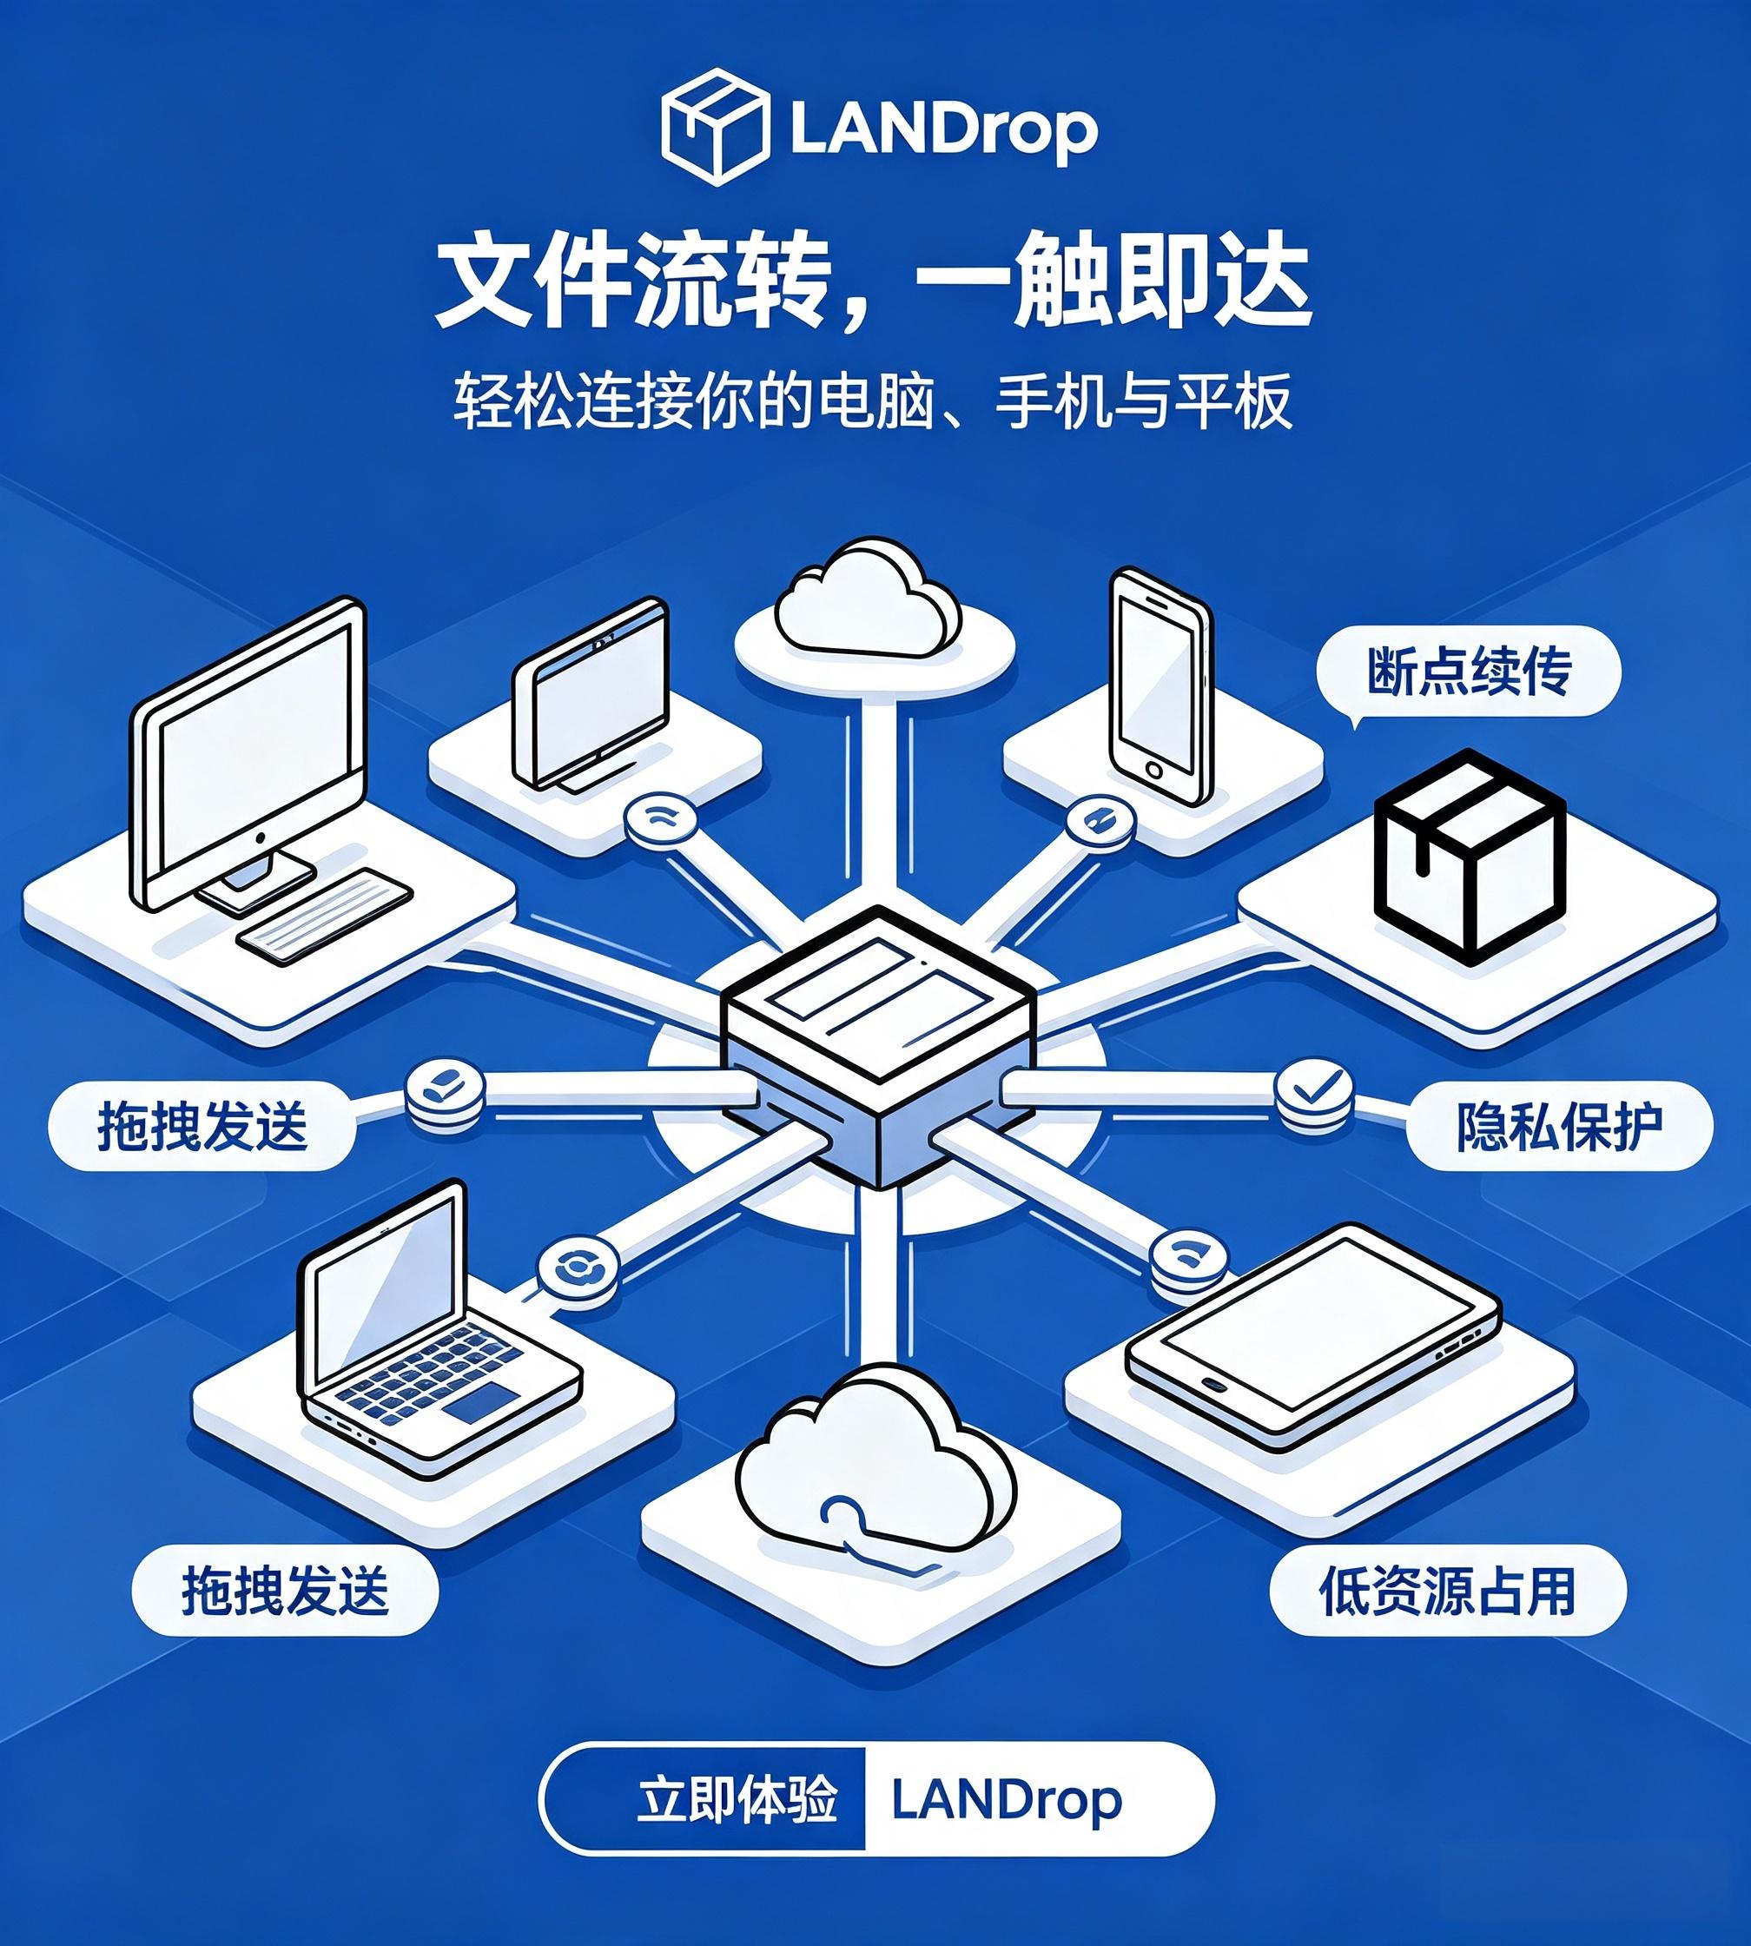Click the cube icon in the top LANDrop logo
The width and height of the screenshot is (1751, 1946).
click(715, 126)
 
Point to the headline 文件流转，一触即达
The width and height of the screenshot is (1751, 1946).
click(874, 284)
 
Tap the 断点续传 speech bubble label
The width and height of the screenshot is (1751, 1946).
click(1468, 671)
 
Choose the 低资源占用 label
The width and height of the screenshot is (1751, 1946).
click(1447, 1591)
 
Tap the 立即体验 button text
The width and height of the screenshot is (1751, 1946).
click(737, 1799)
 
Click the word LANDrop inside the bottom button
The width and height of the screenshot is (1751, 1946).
click(1007, 1800)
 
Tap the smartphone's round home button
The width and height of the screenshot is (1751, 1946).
click(1154, 770)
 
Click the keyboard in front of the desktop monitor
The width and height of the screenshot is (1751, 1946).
click(324, 916)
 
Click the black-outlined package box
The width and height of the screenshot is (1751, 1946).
click(1469, 857)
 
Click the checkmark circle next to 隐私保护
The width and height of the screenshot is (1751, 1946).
click(1314, 1090)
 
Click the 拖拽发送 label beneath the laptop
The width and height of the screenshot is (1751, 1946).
click(285, 1590)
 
